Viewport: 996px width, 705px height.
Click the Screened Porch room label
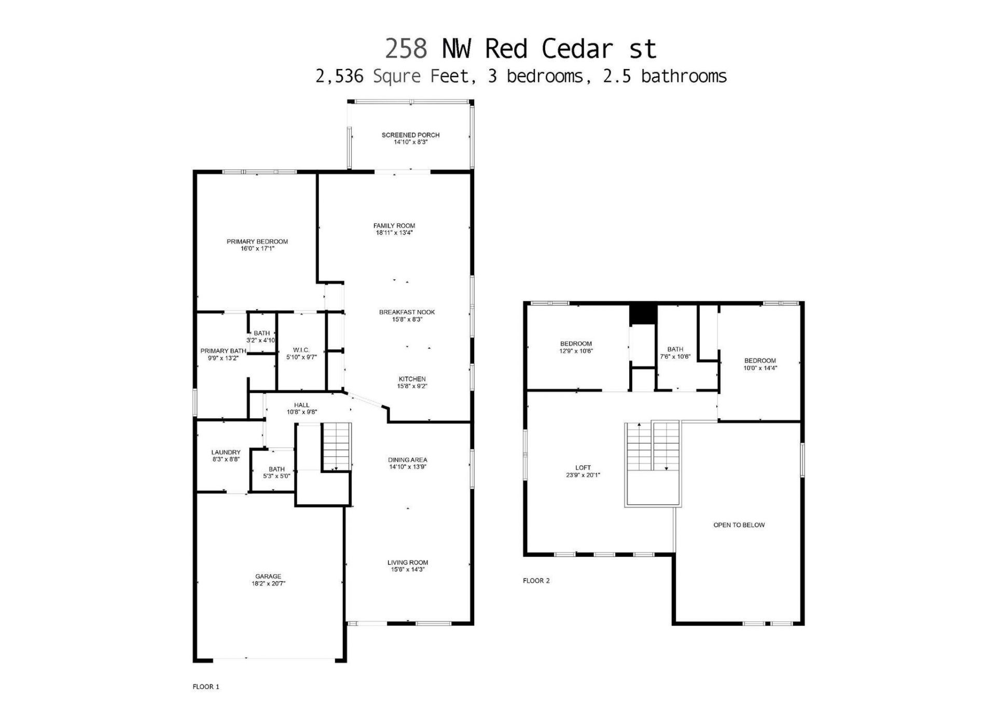[x=410, y=135]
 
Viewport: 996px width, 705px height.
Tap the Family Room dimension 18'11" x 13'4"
[x=394, y=233]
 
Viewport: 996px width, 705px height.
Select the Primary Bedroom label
[x=257, y=242]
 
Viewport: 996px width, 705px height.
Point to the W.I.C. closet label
[x=301, y=350]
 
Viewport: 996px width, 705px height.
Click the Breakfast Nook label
[x=407, y=312]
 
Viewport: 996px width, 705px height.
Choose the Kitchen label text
[x=412, y=379]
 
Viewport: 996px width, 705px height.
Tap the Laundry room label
[x=226, y=452]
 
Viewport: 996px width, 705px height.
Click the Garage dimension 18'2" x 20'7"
[x=268, y=583]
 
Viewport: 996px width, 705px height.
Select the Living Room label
[x=407, y=562]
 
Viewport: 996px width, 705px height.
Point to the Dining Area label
[x=407, y=460]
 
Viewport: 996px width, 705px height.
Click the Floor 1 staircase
[x=337, y=446]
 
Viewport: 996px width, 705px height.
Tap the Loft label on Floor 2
[x=583, y=468]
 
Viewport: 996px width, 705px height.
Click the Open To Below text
[x=739, y=525]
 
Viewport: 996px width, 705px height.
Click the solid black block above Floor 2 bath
[x=643, y=314]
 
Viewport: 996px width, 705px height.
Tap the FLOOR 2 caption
[x=536, y=581]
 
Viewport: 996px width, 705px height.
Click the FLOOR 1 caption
[x=206, y=687]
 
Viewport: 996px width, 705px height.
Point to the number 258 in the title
[x=406, y=49]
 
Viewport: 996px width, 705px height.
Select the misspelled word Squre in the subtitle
[x=396, y=77]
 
